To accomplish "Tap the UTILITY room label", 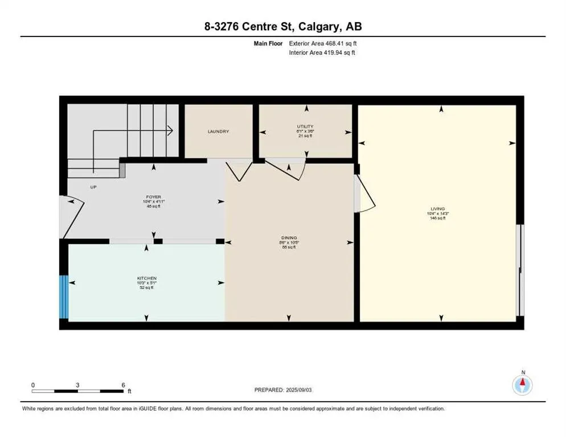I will [305, 126].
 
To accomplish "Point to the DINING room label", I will [289, 238].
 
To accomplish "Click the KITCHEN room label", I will [146, 278].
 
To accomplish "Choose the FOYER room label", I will [153, 197].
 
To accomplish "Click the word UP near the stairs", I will [93, 187].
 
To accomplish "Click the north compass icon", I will [522, 386].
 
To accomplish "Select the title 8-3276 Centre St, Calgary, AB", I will [283, 26].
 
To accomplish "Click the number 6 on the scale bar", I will [123, 385].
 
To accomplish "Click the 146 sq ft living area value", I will [437, 218].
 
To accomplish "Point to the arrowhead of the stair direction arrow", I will [170, 130].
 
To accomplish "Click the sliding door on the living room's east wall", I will [519, 270].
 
